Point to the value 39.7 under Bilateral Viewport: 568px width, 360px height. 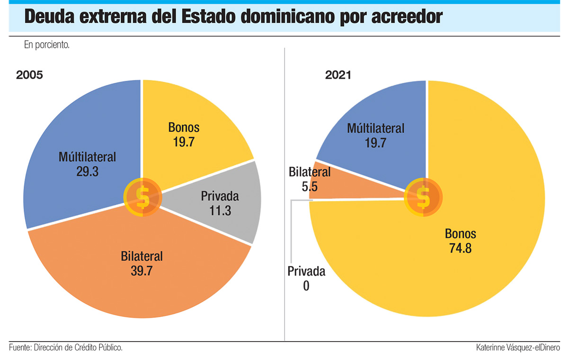[x=142, y=271]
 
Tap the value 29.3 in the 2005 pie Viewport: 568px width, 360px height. [x=87, y=171]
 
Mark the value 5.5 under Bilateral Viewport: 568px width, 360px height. [x=310, y=186]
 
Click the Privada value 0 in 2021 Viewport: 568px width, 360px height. [x=306, y=286]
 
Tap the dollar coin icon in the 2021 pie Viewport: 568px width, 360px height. [x=423, y=197]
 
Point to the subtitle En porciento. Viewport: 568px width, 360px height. [x=46, y=45]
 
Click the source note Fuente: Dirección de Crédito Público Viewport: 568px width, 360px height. [x=66, y=348]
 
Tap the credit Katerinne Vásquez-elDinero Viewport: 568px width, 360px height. [x=518, y=348]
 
